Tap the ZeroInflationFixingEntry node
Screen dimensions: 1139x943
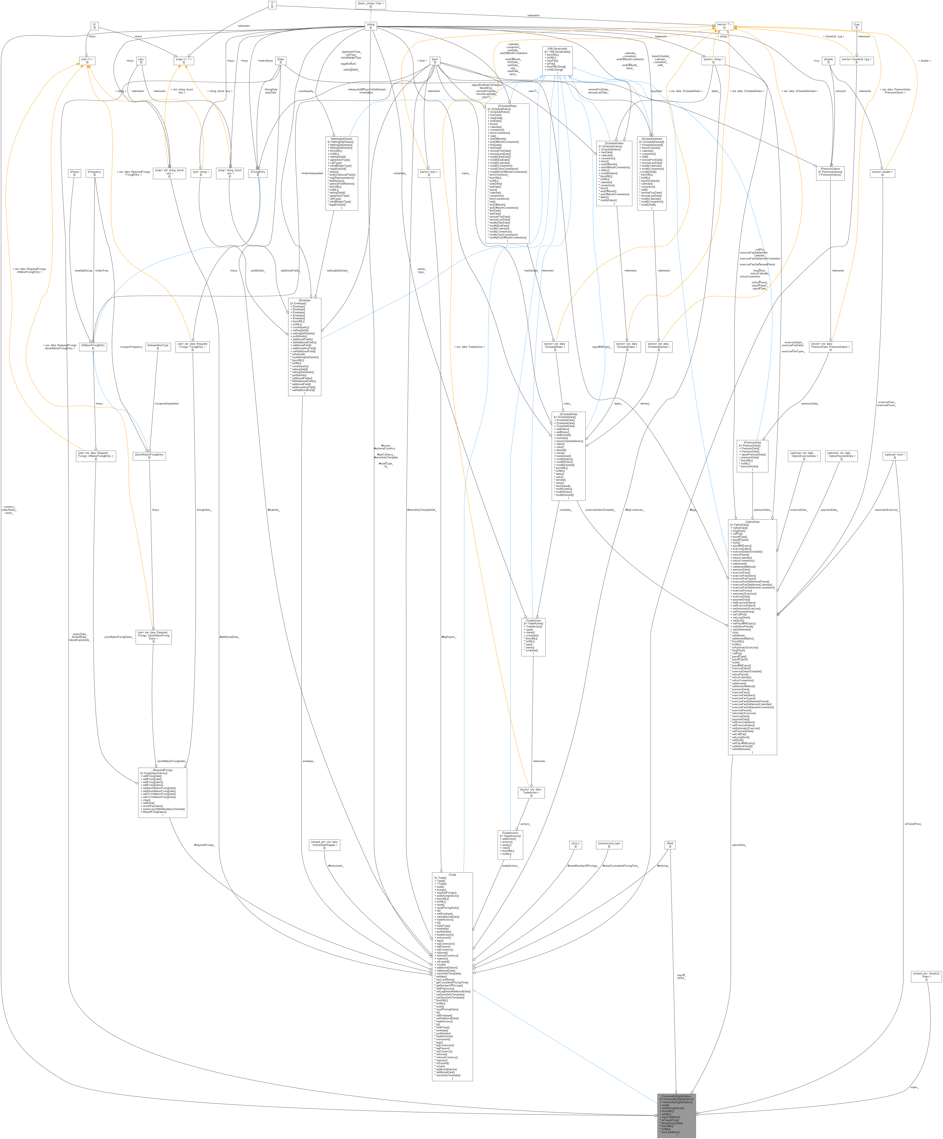[149, 456]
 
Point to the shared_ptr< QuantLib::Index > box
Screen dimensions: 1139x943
[926, 976]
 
